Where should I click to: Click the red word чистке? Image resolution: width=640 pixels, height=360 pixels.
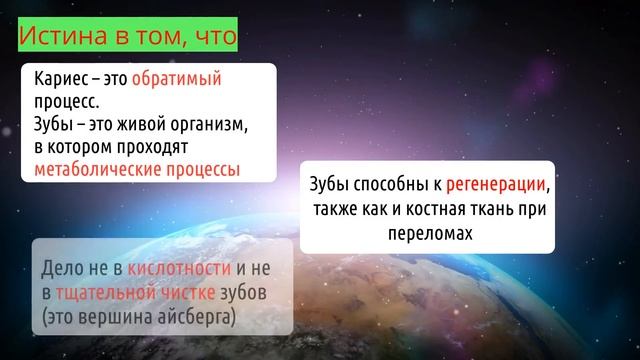189,293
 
